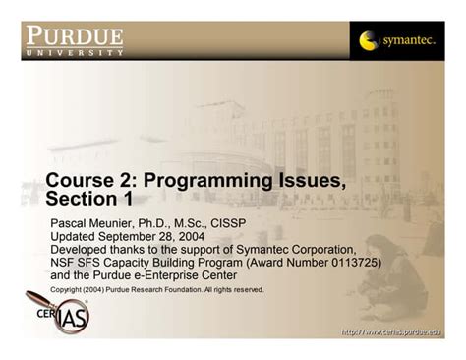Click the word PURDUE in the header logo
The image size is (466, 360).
(x=75, y=35)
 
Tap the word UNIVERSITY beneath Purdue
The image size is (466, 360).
(x=75, y=53)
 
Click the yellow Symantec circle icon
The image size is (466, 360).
(x=369, y=40)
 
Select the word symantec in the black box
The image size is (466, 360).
(x=410, y=41)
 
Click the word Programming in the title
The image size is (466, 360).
(x=207, y=181)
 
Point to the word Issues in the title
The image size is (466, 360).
(x=313, y=180)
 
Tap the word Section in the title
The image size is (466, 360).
(x=82, y=199)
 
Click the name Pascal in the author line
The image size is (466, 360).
(x=68, y=223)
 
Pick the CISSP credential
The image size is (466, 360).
(x=228, y=223)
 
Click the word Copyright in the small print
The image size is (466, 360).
(x=66, y=290)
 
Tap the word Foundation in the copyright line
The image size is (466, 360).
(x=183, y=289)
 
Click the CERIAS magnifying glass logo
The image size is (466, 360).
(x=58, y=312)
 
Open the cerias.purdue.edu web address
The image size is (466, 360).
(x=391, y=332)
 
